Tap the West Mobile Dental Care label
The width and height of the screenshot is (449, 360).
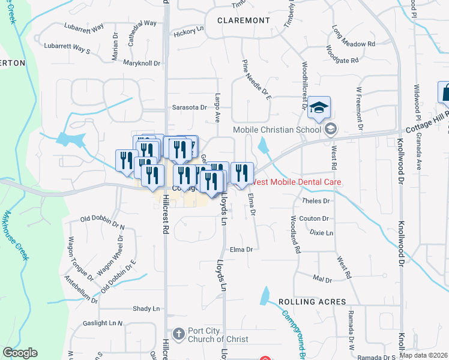pos(297,181)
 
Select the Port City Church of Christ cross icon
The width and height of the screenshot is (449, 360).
pos(178,333)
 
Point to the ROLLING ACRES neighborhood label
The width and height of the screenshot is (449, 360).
pos(312,302)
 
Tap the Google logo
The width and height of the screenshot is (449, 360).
pos(20,353)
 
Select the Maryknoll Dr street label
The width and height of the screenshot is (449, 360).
pos(142,63)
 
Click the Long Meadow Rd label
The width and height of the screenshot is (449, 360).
pos(354,43)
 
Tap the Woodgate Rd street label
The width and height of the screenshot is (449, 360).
pos(342,60)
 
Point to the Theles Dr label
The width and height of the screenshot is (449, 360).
pos(317,201)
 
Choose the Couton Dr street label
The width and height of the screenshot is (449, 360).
pos(317,218)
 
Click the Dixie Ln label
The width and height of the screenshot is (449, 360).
pos(321,232)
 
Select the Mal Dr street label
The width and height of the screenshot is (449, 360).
pos(322,280)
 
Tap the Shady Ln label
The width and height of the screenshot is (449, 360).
pos(148,308)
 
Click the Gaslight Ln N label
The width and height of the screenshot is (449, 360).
pos(103,323)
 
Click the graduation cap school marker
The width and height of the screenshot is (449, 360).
pos(320,106)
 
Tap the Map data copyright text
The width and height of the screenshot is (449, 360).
pos(423,355)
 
